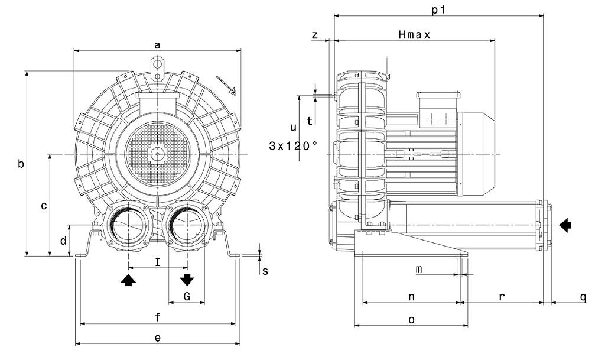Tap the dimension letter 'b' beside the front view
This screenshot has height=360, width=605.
point(21,164)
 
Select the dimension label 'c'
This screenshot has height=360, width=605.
point(44,206)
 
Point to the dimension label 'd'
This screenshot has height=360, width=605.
point(63,241)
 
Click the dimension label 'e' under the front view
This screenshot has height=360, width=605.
point(157,338)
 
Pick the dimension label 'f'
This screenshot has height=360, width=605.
point(157,317)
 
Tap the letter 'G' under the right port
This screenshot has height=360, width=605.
point(186,296)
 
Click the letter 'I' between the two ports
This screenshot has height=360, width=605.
point(157,261)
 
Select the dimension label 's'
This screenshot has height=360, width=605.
point(265,271)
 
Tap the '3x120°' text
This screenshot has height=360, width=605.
point(293,145)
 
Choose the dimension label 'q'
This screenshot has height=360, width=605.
point(583,297)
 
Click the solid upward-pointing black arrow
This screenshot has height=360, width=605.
point(128,280)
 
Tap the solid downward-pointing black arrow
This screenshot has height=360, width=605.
point(187,280)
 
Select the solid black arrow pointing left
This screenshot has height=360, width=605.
point(565,225)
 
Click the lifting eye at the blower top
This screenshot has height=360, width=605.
point(157,63)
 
